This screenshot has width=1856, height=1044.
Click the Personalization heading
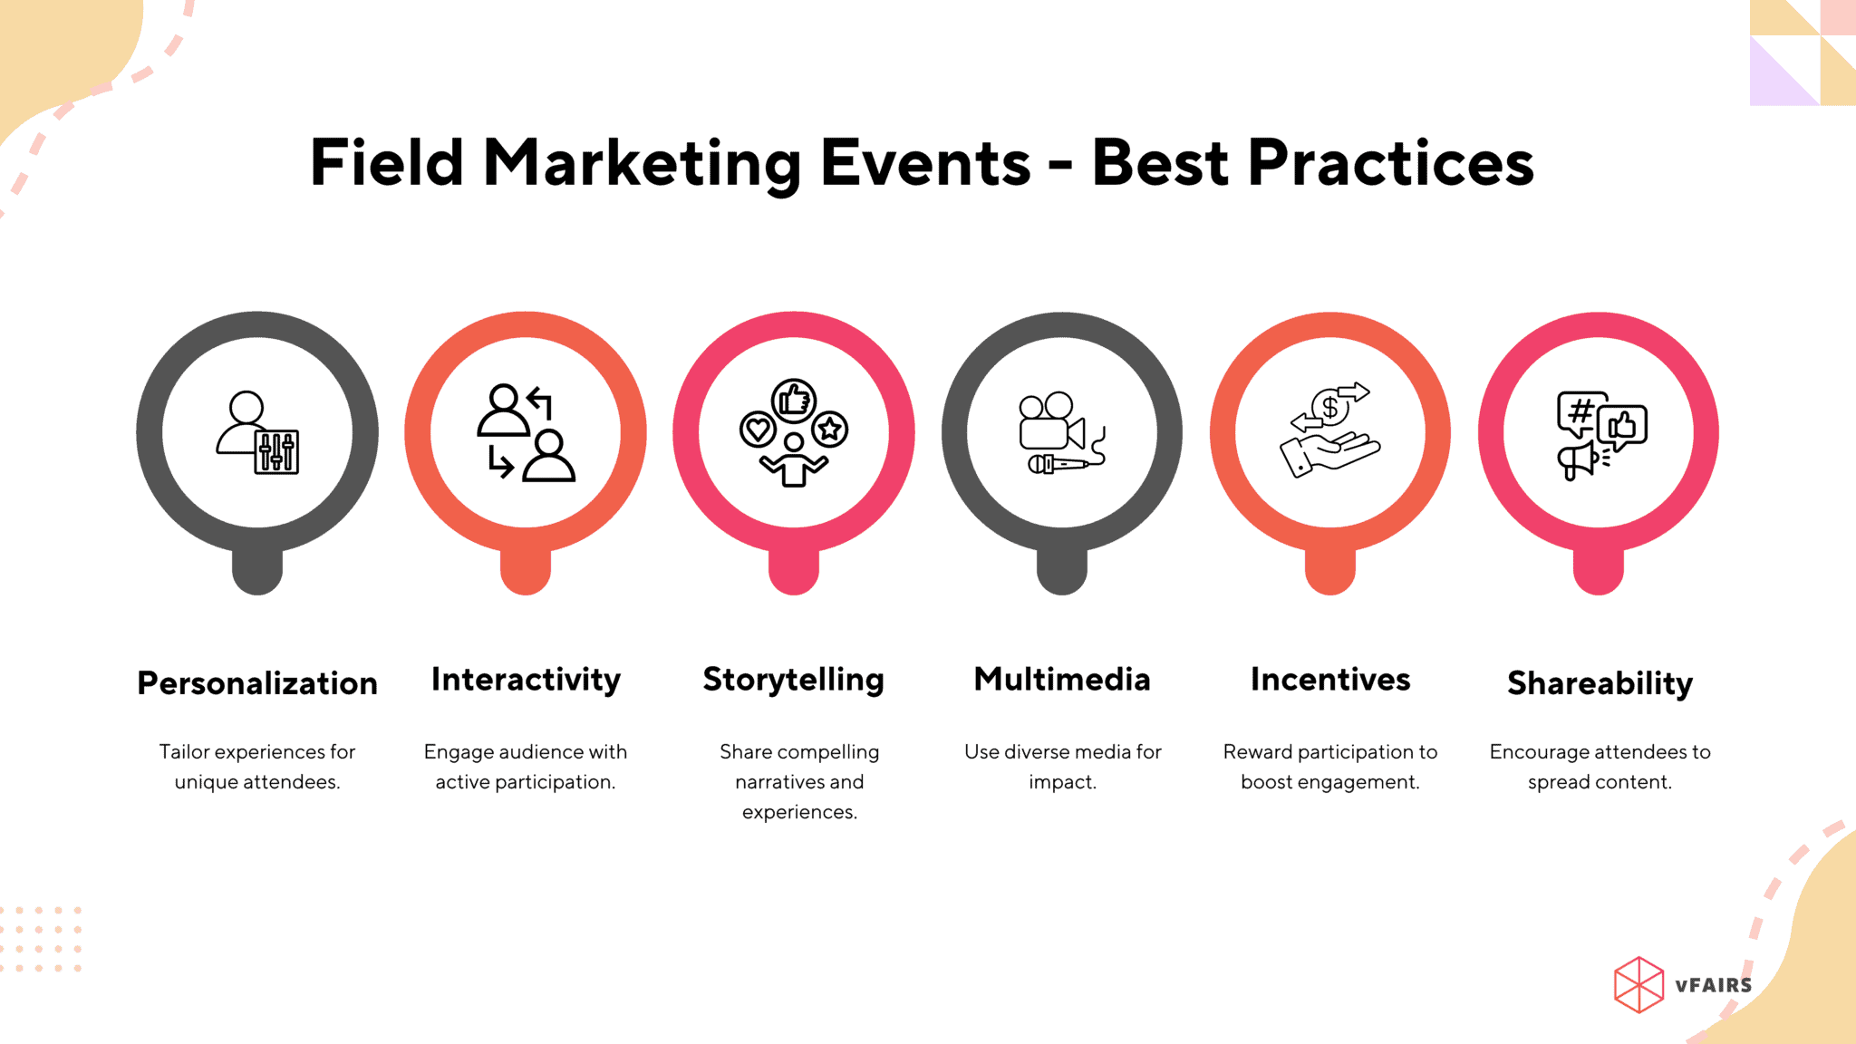pos(257,683)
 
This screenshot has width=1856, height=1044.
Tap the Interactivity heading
pos(526,680)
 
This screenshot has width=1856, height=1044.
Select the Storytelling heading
pos(794,680)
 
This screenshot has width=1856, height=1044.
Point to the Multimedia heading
pos(1062,680)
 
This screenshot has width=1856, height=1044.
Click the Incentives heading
pos(1330,680)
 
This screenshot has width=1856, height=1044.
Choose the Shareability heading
pos(1600,683)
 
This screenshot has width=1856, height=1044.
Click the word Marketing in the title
pos(642,163)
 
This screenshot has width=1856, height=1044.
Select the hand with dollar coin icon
pos(1329,432)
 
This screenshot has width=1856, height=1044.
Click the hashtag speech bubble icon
pos(1580,413)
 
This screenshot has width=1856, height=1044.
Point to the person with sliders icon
pos(257,432)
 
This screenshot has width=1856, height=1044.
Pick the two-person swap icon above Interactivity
pos(526,432)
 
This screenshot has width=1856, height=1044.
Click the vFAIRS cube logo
pos(1638,984)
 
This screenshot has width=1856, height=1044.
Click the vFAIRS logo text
pos(1713,985)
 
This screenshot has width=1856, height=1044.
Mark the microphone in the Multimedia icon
pos(1058,465)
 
